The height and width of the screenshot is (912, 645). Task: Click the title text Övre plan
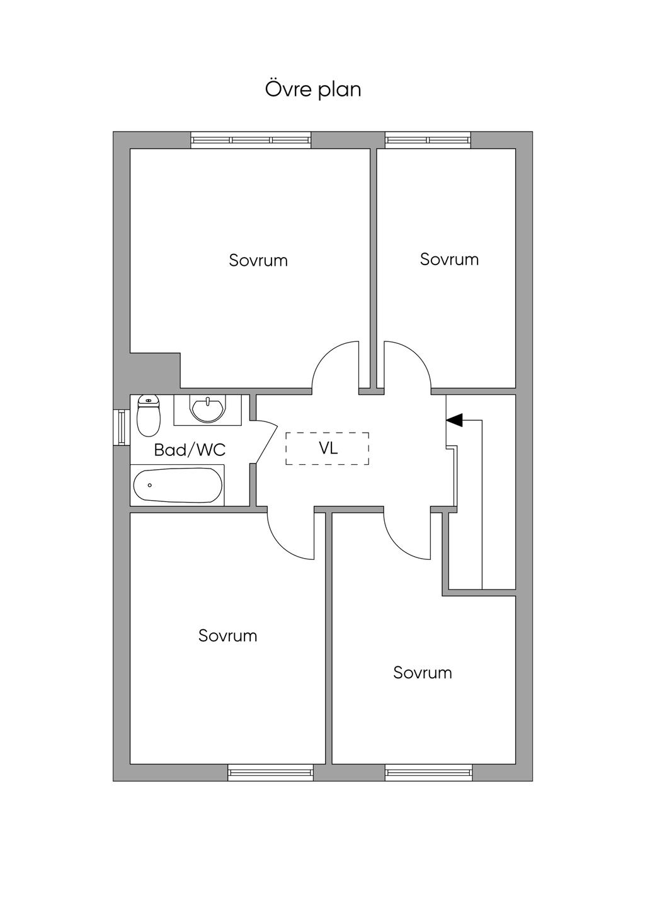[313, 90]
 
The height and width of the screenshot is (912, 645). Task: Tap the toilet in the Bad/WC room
[149, 416]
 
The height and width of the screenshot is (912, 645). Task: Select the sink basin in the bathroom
[207, 409]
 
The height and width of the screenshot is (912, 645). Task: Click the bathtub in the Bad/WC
[178, 485]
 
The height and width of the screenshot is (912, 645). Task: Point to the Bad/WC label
[190, 450]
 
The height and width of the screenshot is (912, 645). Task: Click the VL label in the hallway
[328, 448]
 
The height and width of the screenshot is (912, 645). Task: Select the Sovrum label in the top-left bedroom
[258, 260]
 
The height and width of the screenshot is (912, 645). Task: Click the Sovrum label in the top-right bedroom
[449, 259]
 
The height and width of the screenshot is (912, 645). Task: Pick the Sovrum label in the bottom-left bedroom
[227, 636]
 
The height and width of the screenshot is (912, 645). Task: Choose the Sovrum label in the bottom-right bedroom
[422, 673]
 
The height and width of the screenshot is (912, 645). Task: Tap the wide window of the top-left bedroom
[251, 140]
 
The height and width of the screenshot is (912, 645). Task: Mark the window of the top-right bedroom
[428, 140]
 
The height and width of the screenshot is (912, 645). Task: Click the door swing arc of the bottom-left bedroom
[282, 546]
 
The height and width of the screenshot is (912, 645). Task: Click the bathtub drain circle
[150, 486]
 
